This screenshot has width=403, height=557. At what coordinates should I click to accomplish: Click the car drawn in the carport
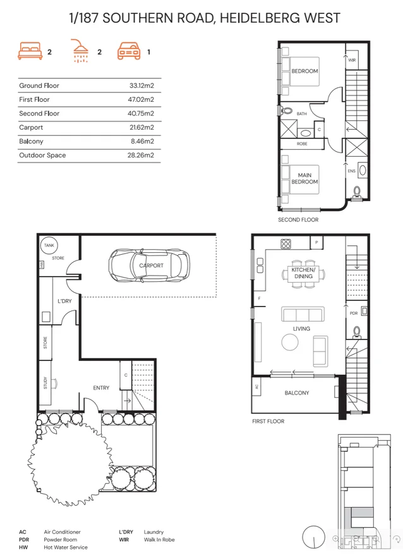pos(149,266)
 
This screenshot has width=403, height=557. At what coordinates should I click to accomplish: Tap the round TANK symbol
pos(48,246)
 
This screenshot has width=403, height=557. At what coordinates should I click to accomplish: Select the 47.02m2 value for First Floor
pos(141,99)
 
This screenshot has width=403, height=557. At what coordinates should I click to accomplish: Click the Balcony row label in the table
pos(31,141)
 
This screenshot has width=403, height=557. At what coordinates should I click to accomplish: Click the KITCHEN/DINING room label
pos(302,273)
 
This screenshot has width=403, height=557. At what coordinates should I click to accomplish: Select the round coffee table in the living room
pos(290,342)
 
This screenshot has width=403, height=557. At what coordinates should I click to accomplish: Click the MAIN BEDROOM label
pos(304,178)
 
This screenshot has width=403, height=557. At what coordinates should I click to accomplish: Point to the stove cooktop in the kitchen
pos(286,243)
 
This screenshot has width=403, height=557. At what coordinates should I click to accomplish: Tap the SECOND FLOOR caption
pos(298,220)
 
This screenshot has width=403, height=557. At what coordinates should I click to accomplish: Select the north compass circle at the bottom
pos(313,537)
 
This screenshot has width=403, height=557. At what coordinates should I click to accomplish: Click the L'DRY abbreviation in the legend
pos(126,532)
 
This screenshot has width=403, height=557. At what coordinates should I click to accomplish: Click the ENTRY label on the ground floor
pos(101,388)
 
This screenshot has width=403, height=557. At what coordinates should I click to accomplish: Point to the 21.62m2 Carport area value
pos(141,127)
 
